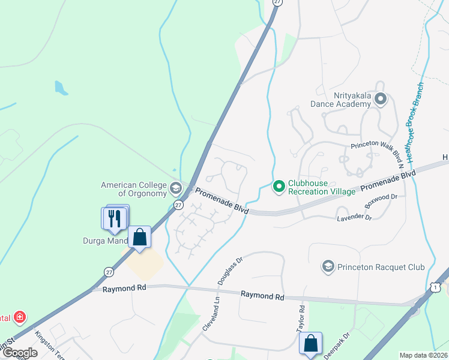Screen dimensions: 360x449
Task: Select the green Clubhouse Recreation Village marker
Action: click(279, 187)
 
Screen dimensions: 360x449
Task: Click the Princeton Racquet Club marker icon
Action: click(328, 266)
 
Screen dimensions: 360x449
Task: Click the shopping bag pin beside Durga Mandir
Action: click(139, 238)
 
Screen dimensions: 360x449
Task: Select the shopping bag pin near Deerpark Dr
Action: click(311, 344)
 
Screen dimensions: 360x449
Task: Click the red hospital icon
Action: click(20, 316)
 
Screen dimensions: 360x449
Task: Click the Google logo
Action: click(20, 353)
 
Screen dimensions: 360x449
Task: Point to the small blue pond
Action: click(61, 88)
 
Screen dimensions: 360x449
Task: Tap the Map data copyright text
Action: click(424, 355)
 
